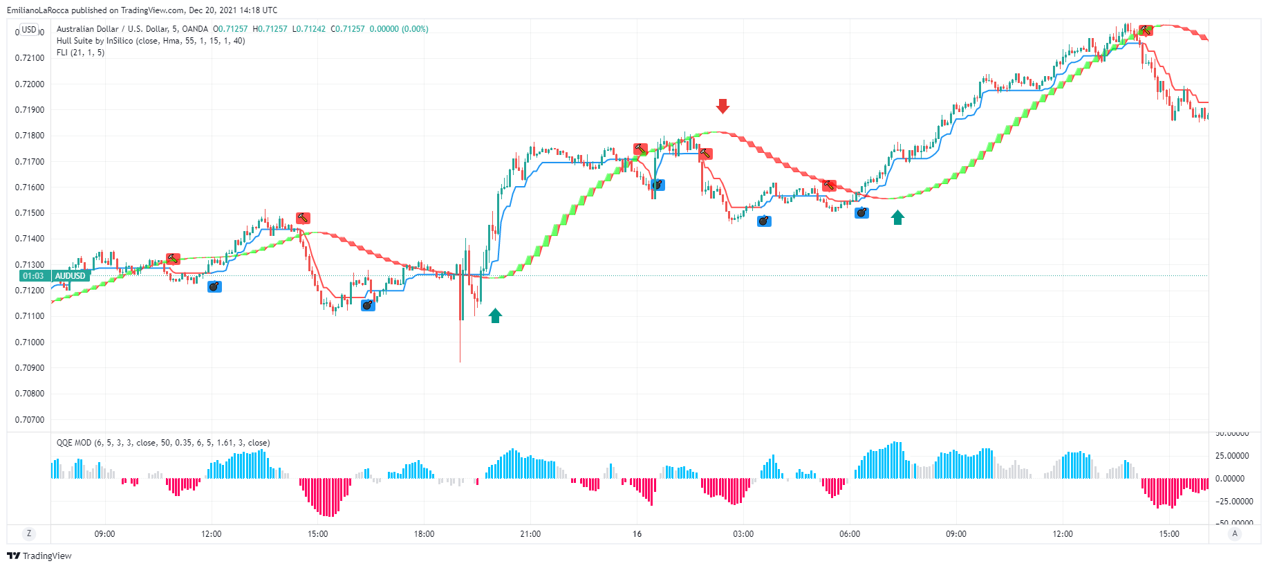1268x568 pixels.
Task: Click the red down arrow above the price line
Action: tap(722, 106)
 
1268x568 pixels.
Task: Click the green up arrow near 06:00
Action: tap(897, 218)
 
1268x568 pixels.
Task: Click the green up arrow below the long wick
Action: tap(495, 315)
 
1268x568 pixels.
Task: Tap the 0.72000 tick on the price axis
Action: tap(30, 84)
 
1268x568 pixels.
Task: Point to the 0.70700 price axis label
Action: tap(30, 420)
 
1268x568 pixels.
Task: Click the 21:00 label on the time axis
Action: tap(530, 534)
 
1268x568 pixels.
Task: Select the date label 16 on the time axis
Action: tap(637, 534)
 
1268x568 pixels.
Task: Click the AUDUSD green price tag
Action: tap(71, 276)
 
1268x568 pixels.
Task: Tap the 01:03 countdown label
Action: tap(33, 276)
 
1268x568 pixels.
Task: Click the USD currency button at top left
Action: tap(29, 30)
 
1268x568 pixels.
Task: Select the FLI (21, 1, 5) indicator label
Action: tap(80, 53)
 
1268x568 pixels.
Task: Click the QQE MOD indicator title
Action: tap(74, 443)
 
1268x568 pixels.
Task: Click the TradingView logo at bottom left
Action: tap(39, 556)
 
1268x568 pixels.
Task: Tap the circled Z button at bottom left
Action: tap(28, 533)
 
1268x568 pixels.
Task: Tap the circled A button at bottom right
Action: tap(1235, 533)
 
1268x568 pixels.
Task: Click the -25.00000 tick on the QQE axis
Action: tap(1235, 502)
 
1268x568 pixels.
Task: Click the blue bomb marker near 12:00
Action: tap(215, 286)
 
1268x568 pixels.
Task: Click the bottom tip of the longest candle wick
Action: tap(460, 361)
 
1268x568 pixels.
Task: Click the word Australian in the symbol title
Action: tap(75, 29)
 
